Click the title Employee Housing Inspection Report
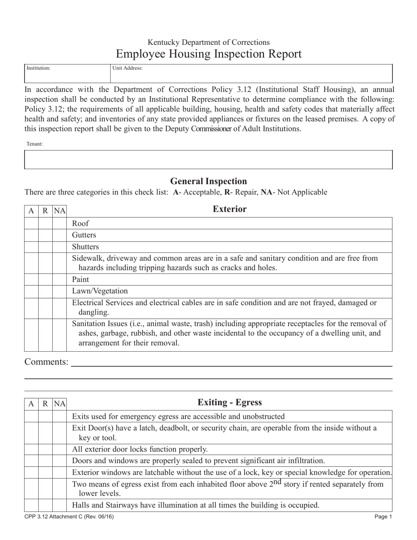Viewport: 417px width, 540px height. [208, 54]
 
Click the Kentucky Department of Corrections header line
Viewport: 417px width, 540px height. [208, 43]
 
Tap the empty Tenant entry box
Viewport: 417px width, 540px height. [208, 159]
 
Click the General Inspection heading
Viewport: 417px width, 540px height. [208, 181]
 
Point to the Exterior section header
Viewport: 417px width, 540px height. [229, 209]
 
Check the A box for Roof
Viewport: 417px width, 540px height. [31, 223]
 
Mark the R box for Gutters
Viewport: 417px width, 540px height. [45, 235]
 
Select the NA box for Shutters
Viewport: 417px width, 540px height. [59, 247]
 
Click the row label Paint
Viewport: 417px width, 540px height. [80, 280]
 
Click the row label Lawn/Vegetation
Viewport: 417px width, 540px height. [93, 291]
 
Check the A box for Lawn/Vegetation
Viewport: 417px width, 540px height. [31, 291]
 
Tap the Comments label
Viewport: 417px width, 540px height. [46, 362]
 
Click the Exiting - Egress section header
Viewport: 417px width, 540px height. [229, 402]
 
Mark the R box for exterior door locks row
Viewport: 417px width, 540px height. [45, 449]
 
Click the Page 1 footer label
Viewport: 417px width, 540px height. [383, 517]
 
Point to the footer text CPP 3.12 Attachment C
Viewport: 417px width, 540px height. [69, 517]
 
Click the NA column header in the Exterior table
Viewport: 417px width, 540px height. [59, 211]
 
